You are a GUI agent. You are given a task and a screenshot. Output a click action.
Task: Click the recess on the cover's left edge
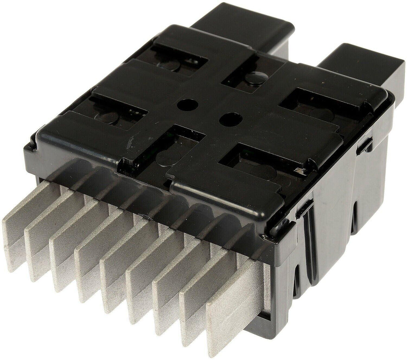pyautogui.click(x=115, y=111)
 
